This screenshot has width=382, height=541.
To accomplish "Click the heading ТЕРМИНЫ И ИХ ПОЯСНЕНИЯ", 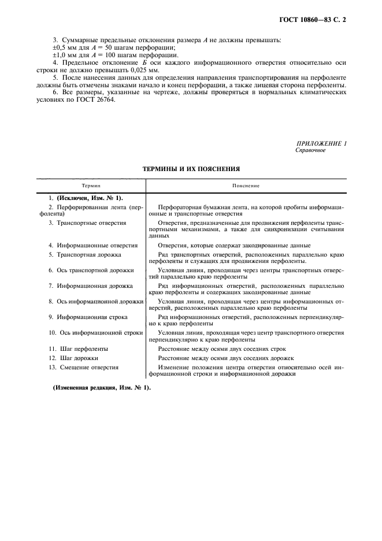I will click(x=191, y=169).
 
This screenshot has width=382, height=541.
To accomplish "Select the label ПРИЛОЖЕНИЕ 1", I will click(x=321, y=143).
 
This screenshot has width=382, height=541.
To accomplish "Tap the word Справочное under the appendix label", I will click(x=310, y=150).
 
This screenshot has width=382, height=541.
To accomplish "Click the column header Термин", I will click(x=91, y=186).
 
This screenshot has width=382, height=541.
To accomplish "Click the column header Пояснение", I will click(x=246, y=186).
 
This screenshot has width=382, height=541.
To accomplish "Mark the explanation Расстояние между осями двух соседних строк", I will click(x=222, y=349).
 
